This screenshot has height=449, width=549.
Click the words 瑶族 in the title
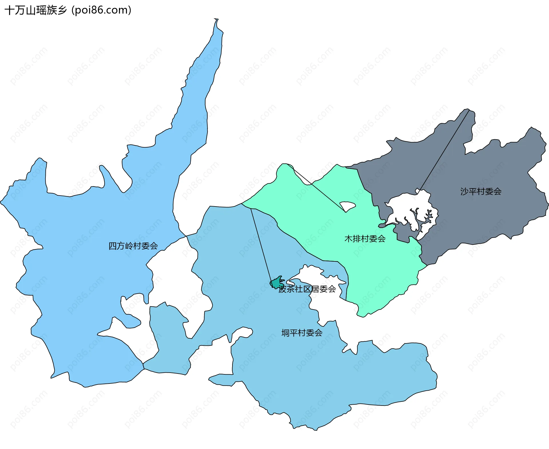[x=46, y=10]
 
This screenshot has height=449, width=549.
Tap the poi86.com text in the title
[x=101, y=10]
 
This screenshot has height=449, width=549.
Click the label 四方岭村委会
[x=133, y=246]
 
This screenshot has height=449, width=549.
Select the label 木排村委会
[x=365, y=239]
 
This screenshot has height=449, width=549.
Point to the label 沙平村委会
[x=481, y=191]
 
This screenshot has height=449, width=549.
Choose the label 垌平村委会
[x=302, y=333]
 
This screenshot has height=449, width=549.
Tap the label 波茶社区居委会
[x=307, y=289]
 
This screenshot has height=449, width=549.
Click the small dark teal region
[x=276, y=283]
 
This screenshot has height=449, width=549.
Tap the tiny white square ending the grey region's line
[x=418, y=191]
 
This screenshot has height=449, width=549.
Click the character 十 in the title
[x=9, y=10]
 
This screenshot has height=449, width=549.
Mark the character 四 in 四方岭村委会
[x=113, y=246]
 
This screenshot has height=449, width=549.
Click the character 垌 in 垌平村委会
[x=285, y=333]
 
